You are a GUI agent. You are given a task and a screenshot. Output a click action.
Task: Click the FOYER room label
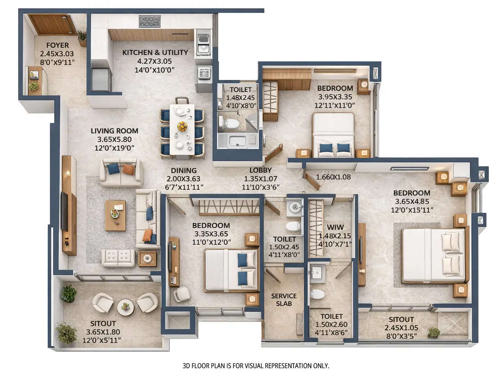pyautogui.click(x=57, y=45)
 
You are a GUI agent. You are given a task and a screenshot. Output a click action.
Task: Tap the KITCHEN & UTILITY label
pyautogui.click(x=155, y=52)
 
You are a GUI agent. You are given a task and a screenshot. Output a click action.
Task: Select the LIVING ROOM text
pyautogui.click(x=114, y=131)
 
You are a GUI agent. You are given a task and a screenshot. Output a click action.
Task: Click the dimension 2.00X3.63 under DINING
pyautogui.click(x=183, y=179)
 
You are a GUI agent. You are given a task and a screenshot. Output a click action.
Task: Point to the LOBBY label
pyautogui.click(x=260, y=170)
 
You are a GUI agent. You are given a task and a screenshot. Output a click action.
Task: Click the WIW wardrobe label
pyautogui.click(x=335, y=227)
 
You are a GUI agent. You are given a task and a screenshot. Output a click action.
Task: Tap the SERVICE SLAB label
pyautogui.click(x=284, y=300)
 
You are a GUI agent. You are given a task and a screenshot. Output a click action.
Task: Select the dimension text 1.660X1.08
pyautogui.click(x=333, y=177)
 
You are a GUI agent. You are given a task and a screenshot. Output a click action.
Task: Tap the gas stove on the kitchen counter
pyautogui.click(x=149, y=21)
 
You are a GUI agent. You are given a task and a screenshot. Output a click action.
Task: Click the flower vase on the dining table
pyautogui.click(x=182, y=126)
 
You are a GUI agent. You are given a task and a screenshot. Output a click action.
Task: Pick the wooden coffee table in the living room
pyautogui.click(x=115, y=215)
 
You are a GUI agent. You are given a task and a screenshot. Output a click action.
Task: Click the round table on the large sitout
pyautogui.click(x=125, y=307)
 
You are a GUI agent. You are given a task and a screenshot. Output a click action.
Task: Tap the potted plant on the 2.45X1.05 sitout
pyautogui.click(x=433, y=333)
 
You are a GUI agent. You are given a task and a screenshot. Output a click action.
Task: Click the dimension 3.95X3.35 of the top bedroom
pyautogui.click(x=335, y=97)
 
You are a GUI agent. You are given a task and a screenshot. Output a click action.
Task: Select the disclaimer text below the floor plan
pyautogui.click(x=256, y=366)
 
